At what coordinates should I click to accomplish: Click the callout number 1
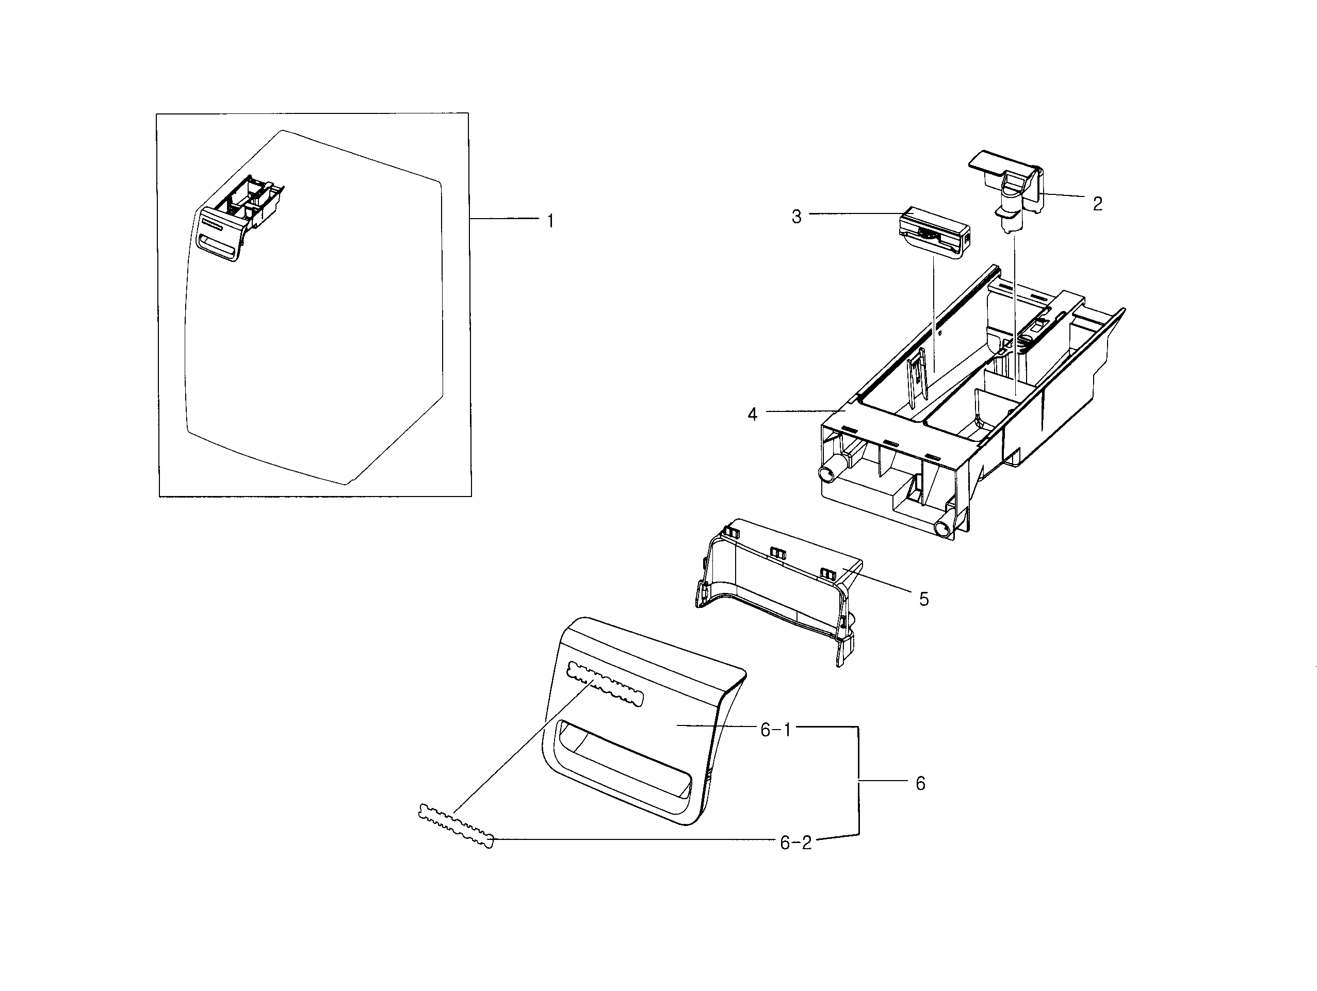pos(551,221)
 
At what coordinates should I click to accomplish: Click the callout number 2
pos(1097,204)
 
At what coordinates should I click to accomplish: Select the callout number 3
pos(796,217)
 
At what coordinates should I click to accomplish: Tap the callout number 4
pos(752,414)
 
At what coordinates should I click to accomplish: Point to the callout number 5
pos(923,599)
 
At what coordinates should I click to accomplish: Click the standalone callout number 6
pos(920,784)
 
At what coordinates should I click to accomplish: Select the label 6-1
pos(776,730)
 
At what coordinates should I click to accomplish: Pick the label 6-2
pos(795,843)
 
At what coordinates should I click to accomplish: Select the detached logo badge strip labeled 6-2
pos(457,825)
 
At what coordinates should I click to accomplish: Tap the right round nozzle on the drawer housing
pos(944,527)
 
